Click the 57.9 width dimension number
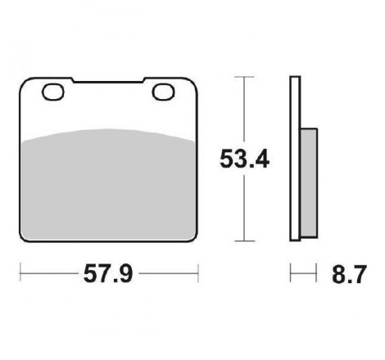pyautogui.click(x=108, y=273)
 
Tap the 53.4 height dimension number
pyautogui.click(x=245, y=159)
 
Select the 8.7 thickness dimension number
pyautogui.click(x=349, y=274)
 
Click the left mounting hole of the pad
pyautogui.click(x=53, y=92)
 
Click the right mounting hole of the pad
pyautogui.click(x=163, y=92)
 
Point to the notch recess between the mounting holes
pyautogui.click(x=108, y=80)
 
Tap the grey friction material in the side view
pyautogui.click(x=309, y=182)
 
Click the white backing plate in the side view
pyautogui.click(x=295, y=159)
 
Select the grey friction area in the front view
pyautogui.click(x=108, y=186)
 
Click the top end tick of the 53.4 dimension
pyautogui.click(x=244, y=77)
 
